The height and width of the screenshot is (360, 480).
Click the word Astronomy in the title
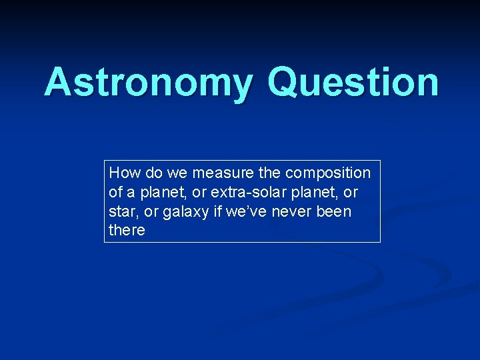coord(149,83)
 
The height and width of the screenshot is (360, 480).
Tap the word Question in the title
coord(353,83)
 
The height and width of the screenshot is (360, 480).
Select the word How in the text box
coord(122,173)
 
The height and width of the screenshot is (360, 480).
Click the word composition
coord(327,173)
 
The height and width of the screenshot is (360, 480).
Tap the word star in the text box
coord(122,211)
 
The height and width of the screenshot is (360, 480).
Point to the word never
coord(300,211)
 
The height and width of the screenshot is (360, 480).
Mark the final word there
coord(127,231)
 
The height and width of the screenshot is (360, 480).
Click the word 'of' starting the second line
coord(115,192)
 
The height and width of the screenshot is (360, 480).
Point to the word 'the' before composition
coord(269,173)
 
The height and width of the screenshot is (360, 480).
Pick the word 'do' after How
coord(151,173)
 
